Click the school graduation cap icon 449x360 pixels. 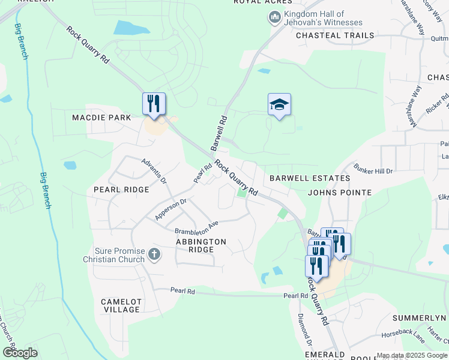(279, 104)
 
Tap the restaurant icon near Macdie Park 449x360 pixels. (154, 103)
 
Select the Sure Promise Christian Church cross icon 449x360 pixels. (154, 255)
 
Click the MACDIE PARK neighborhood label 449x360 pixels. (101, 118)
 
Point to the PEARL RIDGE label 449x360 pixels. (121, 190)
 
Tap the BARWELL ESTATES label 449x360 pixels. (309, 178)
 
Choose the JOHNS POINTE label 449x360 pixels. (339, 193)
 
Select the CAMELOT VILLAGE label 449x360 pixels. (121, 305)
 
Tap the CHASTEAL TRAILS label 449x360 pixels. (335, 35)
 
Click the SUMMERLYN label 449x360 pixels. (420, 317)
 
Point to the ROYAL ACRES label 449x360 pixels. (258, 2)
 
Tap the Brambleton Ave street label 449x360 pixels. (196, 228)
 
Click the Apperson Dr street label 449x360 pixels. (171, 209)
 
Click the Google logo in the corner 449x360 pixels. (20, 353)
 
